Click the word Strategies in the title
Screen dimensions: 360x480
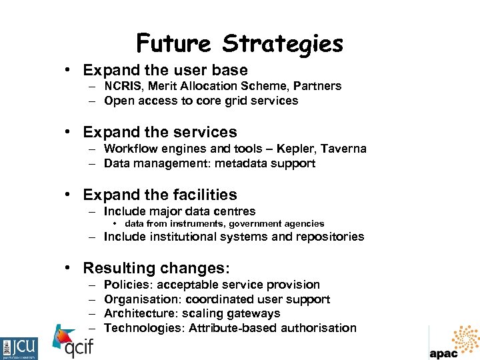point(283,44)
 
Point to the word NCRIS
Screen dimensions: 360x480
point(123,86)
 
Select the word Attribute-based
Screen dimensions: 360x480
point(234,328)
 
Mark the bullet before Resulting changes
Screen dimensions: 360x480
point(69,269)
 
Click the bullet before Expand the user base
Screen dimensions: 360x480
point(69,70)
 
